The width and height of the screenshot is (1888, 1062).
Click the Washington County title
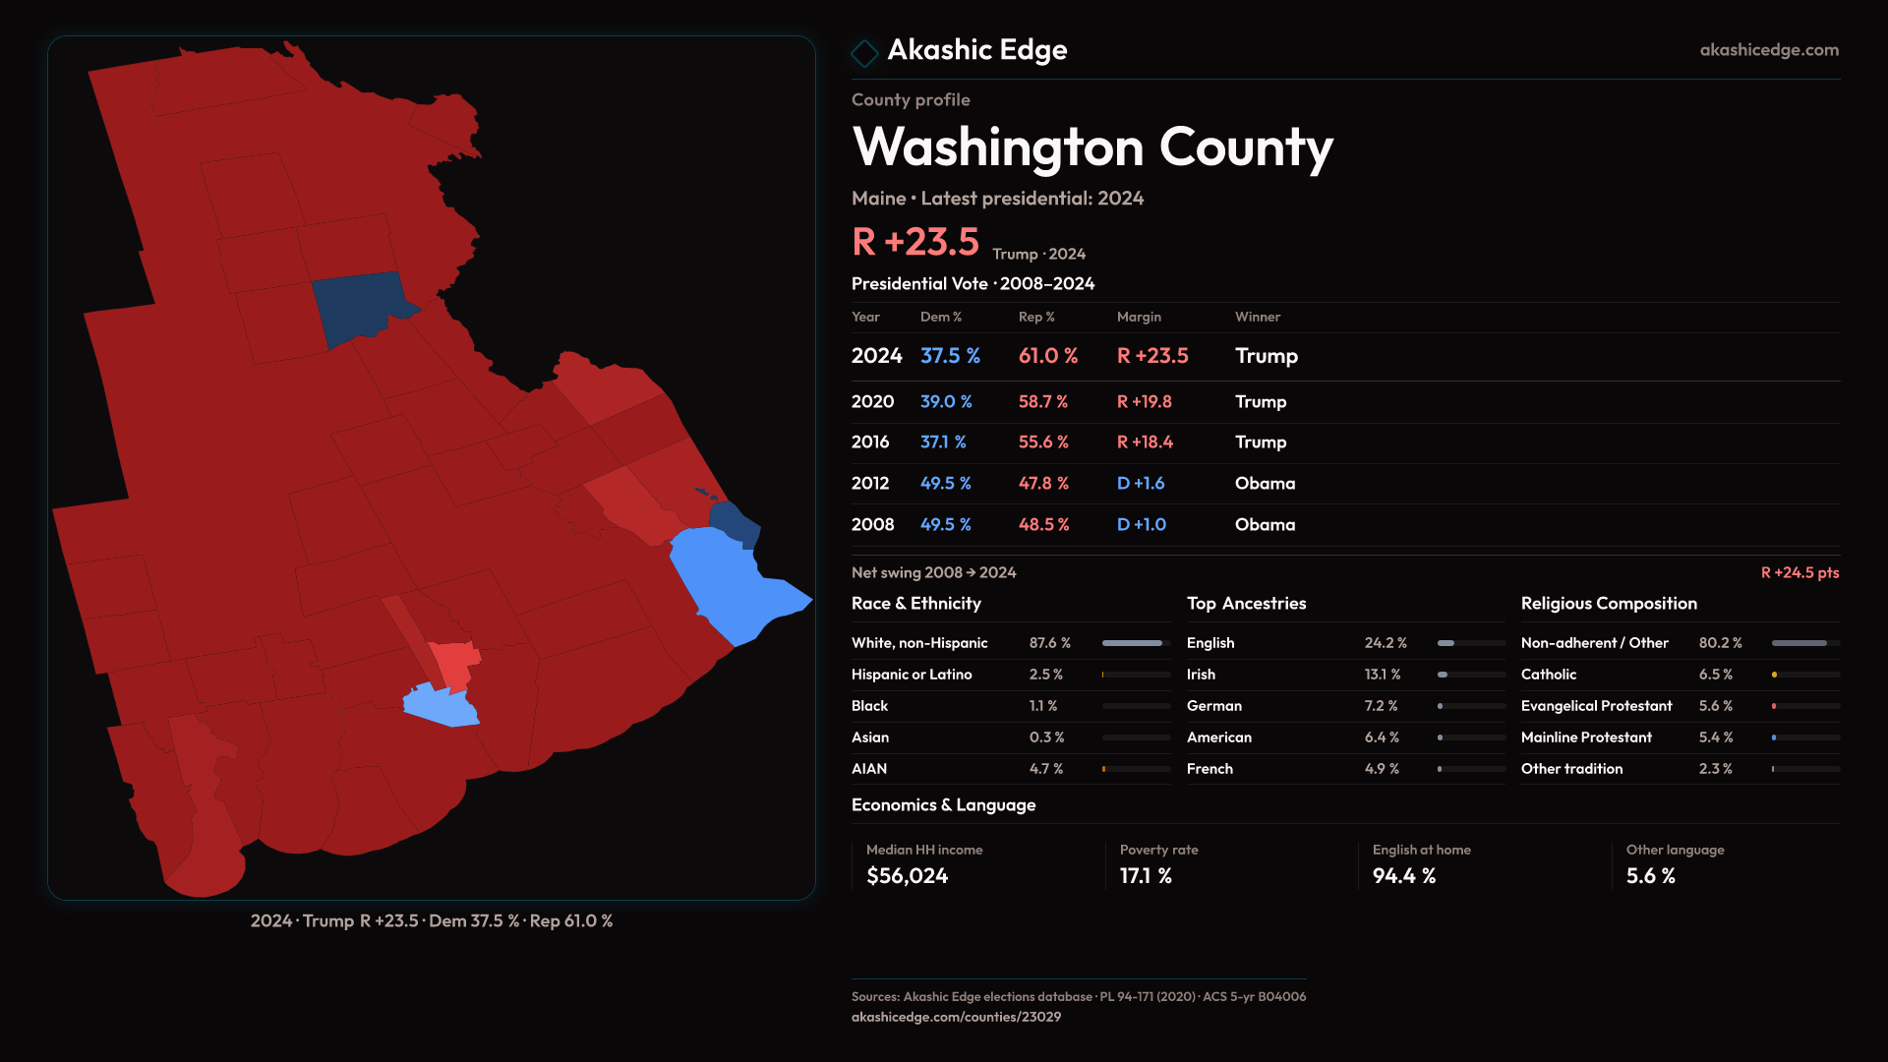1091,147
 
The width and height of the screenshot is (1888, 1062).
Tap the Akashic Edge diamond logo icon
864,53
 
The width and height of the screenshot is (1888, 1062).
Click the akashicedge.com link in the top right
1768,50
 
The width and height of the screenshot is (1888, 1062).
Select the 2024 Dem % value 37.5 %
950,356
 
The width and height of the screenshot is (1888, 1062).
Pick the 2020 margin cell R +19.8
1144,402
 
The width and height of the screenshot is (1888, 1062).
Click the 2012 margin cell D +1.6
1140,484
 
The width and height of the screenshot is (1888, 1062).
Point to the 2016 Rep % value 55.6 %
1042,442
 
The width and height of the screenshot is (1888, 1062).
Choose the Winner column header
1257,317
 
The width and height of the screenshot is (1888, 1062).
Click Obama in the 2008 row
1265,525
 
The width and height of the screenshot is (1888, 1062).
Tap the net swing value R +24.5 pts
1799,572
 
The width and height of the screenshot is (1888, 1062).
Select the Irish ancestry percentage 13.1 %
1382,675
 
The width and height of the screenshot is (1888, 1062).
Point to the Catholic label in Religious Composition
1548,675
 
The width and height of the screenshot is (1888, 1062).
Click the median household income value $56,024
907,876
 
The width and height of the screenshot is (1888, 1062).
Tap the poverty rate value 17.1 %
1145,876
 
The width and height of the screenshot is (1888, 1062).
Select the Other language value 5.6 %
1650,876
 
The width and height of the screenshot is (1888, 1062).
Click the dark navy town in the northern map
358,305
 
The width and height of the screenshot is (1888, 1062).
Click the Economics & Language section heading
943,805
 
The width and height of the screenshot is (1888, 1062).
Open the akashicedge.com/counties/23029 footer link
956,1017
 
